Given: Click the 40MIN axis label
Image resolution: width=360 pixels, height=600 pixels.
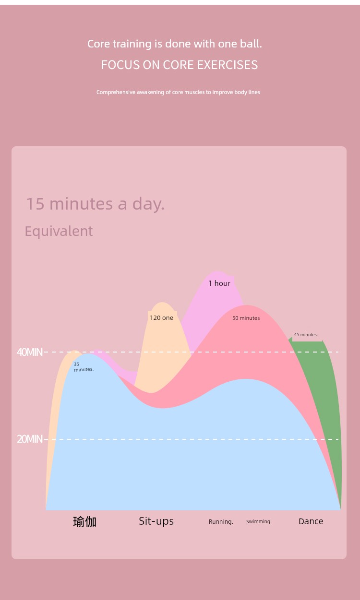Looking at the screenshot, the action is coord(29,352).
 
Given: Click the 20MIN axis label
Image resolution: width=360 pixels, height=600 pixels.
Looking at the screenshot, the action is coord(29,439).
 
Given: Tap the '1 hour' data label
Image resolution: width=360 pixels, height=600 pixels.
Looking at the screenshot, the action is coord(219,283).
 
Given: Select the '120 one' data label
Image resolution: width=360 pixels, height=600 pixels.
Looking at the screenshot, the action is coord(161,318).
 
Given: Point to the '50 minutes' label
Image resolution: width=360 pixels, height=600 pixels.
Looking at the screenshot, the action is coord(246,318).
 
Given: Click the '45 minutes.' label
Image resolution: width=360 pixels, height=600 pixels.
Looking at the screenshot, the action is coord(306,335).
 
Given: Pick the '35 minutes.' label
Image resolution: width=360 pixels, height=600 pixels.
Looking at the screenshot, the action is coord(84,367).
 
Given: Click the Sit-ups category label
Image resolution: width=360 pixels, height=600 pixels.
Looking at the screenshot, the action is coord(156,521).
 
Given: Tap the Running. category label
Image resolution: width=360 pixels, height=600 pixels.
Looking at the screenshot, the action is coord(221,521).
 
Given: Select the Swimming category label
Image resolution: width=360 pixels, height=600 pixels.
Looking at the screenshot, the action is coord(258,521).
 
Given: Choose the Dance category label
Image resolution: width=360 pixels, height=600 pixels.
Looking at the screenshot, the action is coord(311,521).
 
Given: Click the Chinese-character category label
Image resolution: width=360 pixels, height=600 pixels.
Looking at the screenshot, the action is coord(84,521).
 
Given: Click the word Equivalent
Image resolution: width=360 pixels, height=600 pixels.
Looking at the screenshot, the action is coord(59,231).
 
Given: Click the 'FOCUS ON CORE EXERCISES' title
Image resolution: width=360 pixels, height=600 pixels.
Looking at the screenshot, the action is coord(180,65).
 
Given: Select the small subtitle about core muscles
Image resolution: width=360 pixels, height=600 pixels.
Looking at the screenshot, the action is coord(178,92).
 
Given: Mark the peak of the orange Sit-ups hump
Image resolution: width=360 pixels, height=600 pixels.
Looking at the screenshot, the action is coord(162,303).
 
